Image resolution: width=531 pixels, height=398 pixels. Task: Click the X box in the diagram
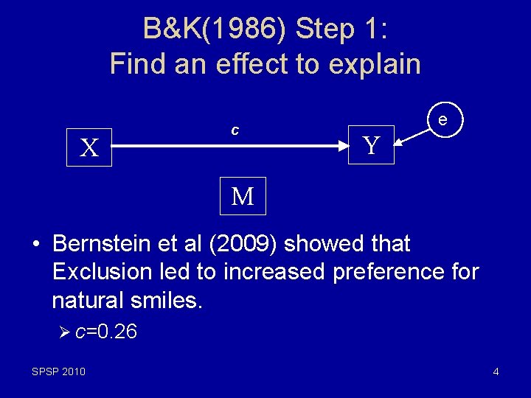[x=89, y=148]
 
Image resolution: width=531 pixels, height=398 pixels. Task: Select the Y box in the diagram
[x=372, y=145]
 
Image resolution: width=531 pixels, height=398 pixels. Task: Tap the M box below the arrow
[x=243, y=196]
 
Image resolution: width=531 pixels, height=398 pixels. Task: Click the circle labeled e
[x=442, y=119]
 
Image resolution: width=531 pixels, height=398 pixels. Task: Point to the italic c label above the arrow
[x=235, y=130]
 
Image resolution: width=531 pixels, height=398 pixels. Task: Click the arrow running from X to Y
[x=229, y=147]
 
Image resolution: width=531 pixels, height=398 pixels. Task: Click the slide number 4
[x=496, y=371]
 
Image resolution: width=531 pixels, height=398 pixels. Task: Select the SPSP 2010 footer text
[x=58, y=371]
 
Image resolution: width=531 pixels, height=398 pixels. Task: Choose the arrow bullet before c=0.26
[x=64, y=332]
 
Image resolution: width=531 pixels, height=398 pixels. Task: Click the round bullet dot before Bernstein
[x=35, y=244]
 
